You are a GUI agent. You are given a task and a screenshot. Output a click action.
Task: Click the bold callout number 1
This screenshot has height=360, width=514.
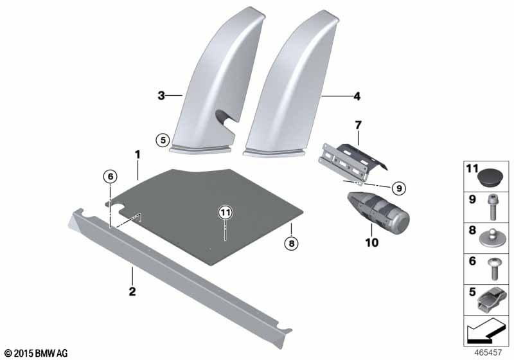137,154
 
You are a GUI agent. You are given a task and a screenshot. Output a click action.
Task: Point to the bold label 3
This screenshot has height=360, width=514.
161,96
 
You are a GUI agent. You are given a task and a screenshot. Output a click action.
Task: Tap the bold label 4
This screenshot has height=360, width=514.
357,97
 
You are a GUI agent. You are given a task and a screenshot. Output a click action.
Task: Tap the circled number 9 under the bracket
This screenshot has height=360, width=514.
398,188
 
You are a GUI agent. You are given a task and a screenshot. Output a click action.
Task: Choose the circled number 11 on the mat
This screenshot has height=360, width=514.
224,212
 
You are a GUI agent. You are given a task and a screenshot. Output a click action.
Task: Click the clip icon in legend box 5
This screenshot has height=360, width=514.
491,299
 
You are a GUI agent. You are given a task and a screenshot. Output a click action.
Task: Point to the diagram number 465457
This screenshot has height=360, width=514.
488,352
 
